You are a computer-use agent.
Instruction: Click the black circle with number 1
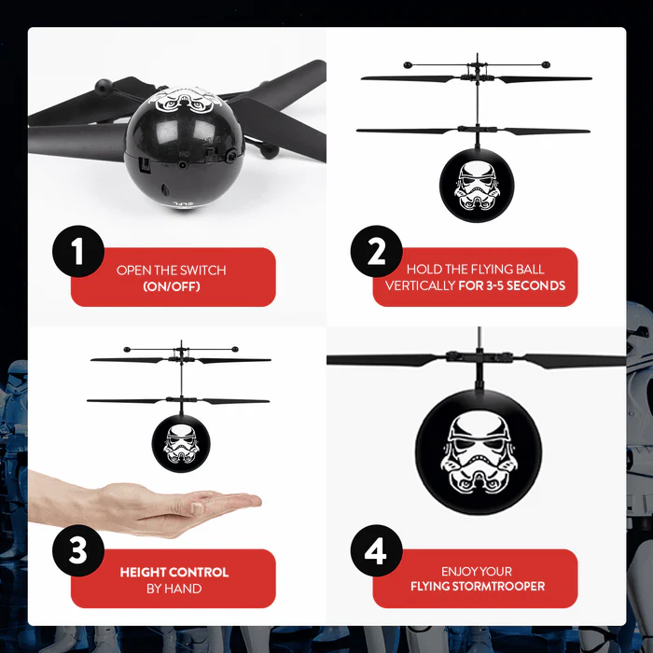coord(76,251)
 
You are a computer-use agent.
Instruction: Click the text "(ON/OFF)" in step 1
coord(172,285)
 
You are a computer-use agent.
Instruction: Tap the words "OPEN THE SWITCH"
coord(172,271)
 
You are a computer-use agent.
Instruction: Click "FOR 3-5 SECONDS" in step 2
coord(512,285)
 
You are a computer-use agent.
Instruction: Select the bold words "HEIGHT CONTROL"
coord(174,572)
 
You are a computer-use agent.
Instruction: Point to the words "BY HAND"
coord(174,588)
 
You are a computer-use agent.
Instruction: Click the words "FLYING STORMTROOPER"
coord(478,587)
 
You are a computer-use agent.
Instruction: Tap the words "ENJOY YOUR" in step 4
coord(477,571)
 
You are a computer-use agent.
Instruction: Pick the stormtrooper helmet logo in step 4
coord(477,452)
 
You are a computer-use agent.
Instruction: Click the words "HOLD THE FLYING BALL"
coord(476,270)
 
